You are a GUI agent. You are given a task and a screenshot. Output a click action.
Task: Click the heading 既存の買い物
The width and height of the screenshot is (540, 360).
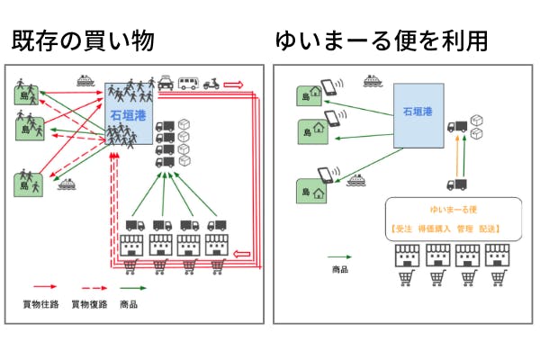82,40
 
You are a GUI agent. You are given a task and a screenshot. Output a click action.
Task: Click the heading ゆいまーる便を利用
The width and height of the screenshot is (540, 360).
368,40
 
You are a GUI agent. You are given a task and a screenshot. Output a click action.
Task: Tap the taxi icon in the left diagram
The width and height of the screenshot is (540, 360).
167,82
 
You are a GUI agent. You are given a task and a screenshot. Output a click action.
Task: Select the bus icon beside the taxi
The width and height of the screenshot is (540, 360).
188,83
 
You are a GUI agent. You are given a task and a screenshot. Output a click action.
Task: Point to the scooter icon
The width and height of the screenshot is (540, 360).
211,83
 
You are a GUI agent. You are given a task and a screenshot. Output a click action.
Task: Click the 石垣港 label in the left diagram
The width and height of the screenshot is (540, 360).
128,115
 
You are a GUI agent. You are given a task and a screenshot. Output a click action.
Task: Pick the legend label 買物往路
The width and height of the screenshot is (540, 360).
40,305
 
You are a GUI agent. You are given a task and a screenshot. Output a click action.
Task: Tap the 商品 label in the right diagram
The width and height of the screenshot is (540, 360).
340,269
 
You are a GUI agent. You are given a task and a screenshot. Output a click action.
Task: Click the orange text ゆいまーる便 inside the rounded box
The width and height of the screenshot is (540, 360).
453,210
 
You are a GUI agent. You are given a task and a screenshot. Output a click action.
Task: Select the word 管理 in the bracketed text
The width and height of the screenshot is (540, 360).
465,229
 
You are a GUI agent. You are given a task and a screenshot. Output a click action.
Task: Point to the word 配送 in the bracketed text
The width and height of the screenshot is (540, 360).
490,229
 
